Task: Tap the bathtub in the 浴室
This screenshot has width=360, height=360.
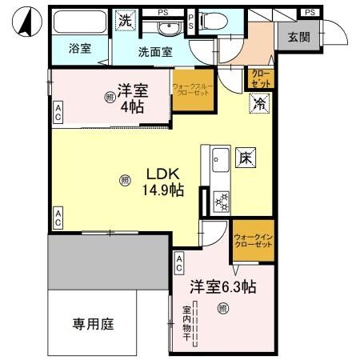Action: click(x=78, y=22)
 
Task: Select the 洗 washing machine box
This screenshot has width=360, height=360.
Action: click(x=125, y=20)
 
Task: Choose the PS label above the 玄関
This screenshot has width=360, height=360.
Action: click(x=309, y=11)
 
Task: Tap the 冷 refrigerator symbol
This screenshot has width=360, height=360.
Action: click(x=260, y=102)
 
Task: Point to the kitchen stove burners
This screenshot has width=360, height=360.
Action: click(x=220, y=202)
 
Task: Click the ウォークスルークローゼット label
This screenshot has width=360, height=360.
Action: click(x=192, y=89)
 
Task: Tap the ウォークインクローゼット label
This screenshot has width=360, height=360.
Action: click(x=253, y=241)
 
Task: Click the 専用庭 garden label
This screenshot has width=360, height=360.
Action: click(x=94, y=324)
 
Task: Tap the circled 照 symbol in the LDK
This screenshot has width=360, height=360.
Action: click(x=124, y=180)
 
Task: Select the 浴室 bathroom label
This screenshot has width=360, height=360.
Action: click(x=78, y=48)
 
